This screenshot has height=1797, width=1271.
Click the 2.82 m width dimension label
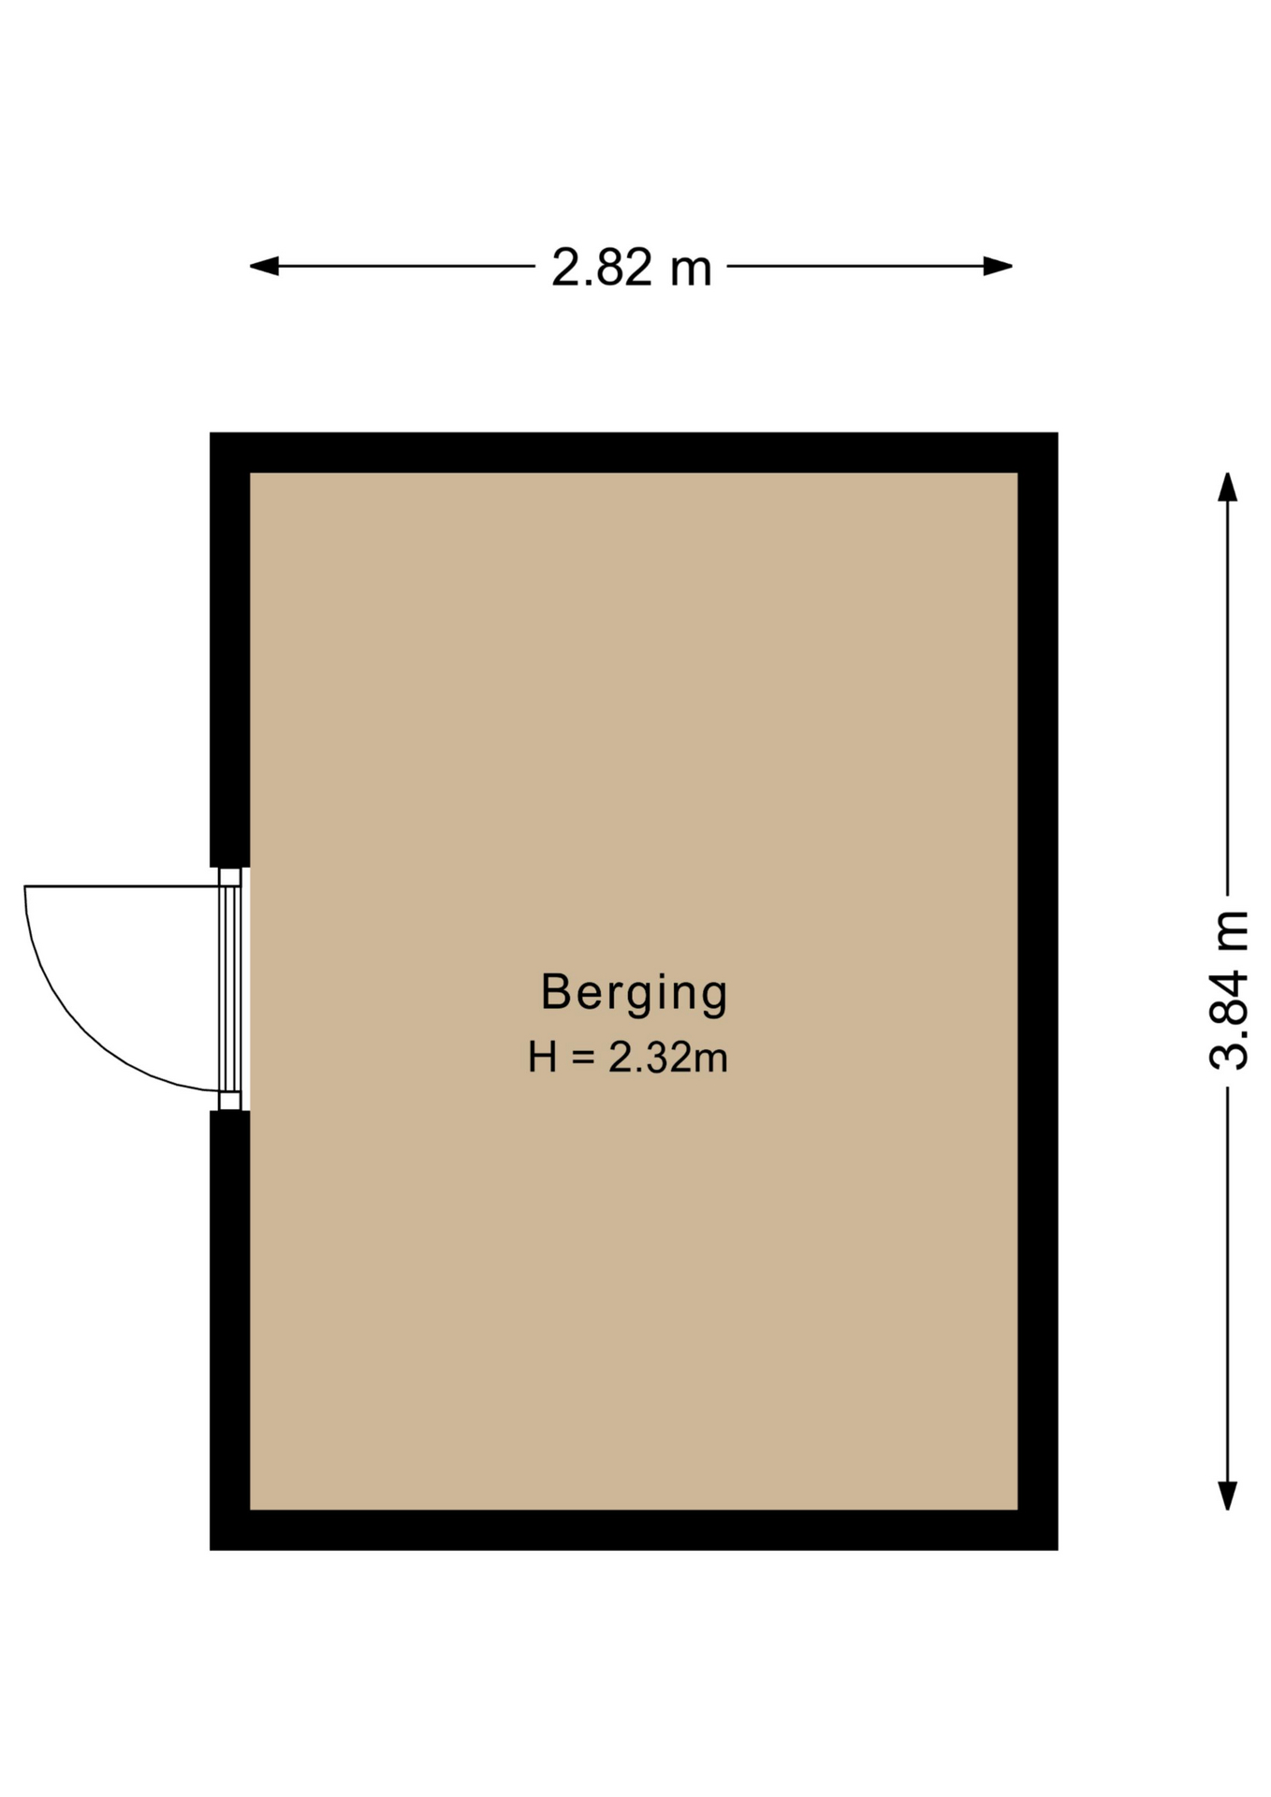(x=632, y=268)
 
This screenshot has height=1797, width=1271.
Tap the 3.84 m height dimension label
(x=1229, y=989)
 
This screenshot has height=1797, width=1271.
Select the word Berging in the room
(x=635, y=993)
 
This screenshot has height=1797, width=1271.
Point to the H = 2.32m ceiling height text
(x=628, y=1058)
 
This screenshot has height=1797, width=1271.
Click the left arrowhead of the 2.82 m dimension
(x=264, y=267)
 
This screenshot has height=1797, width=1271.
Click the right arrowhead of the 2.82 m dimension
(x=998, y=267)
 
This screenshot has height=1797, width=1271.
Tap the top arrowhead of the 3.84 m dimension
(x=1227, y=487)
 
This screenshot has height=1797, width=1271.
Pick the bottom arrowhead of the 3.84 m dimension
(x=1227, y=1496)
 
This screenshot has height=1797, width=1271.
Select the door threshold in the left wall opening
(x=230, y=988)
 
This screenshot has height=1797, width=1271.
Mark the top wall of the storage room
(x=634, y=452)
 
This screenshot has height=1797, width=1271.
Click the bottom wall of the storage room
(x=634, y=1530)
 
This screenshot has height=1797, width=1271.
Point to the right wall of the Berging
(x=1038, y=991)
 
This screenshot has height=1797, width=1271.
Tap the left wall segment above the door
(x=229, y=650)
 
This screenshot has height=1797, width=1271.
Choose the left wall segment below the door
(x=229, y=1330)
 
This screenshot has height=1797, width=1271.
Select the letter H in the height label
(x=543, y=1058)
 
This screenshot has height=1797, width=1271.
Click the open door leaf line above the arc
(x=122, y=885)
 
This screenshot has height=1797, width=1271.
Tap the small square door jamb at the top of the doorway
(x=230, y=877)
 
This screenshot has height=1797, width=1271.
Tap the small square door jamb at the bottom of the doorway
(x=230, y=1101)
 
